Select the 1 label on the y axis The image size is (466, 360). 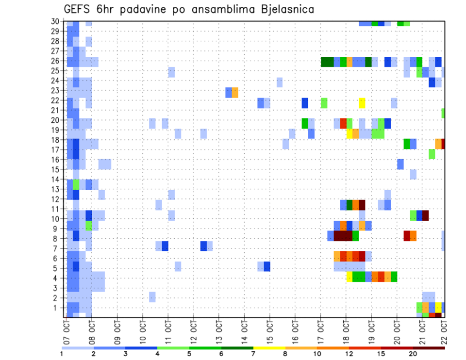pyautogui.click(x=56, y=308)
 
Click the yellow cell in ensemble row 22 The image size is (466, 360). pyautogui.click(x=362, y=103)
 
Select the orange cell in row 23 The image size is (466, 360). pyautogui.click(x=235, y=92)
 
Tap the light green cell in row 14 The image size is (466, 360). pyautogui.click(x=76, y=184)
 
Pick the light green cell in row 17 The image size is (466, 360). pyautogui.click(x=432, y=154)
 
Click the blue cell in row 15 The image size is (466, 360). pyautogui.click(x=400, y=164)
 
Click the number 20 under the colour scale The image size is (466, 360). pyautogui.click(x=413, y=354)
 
